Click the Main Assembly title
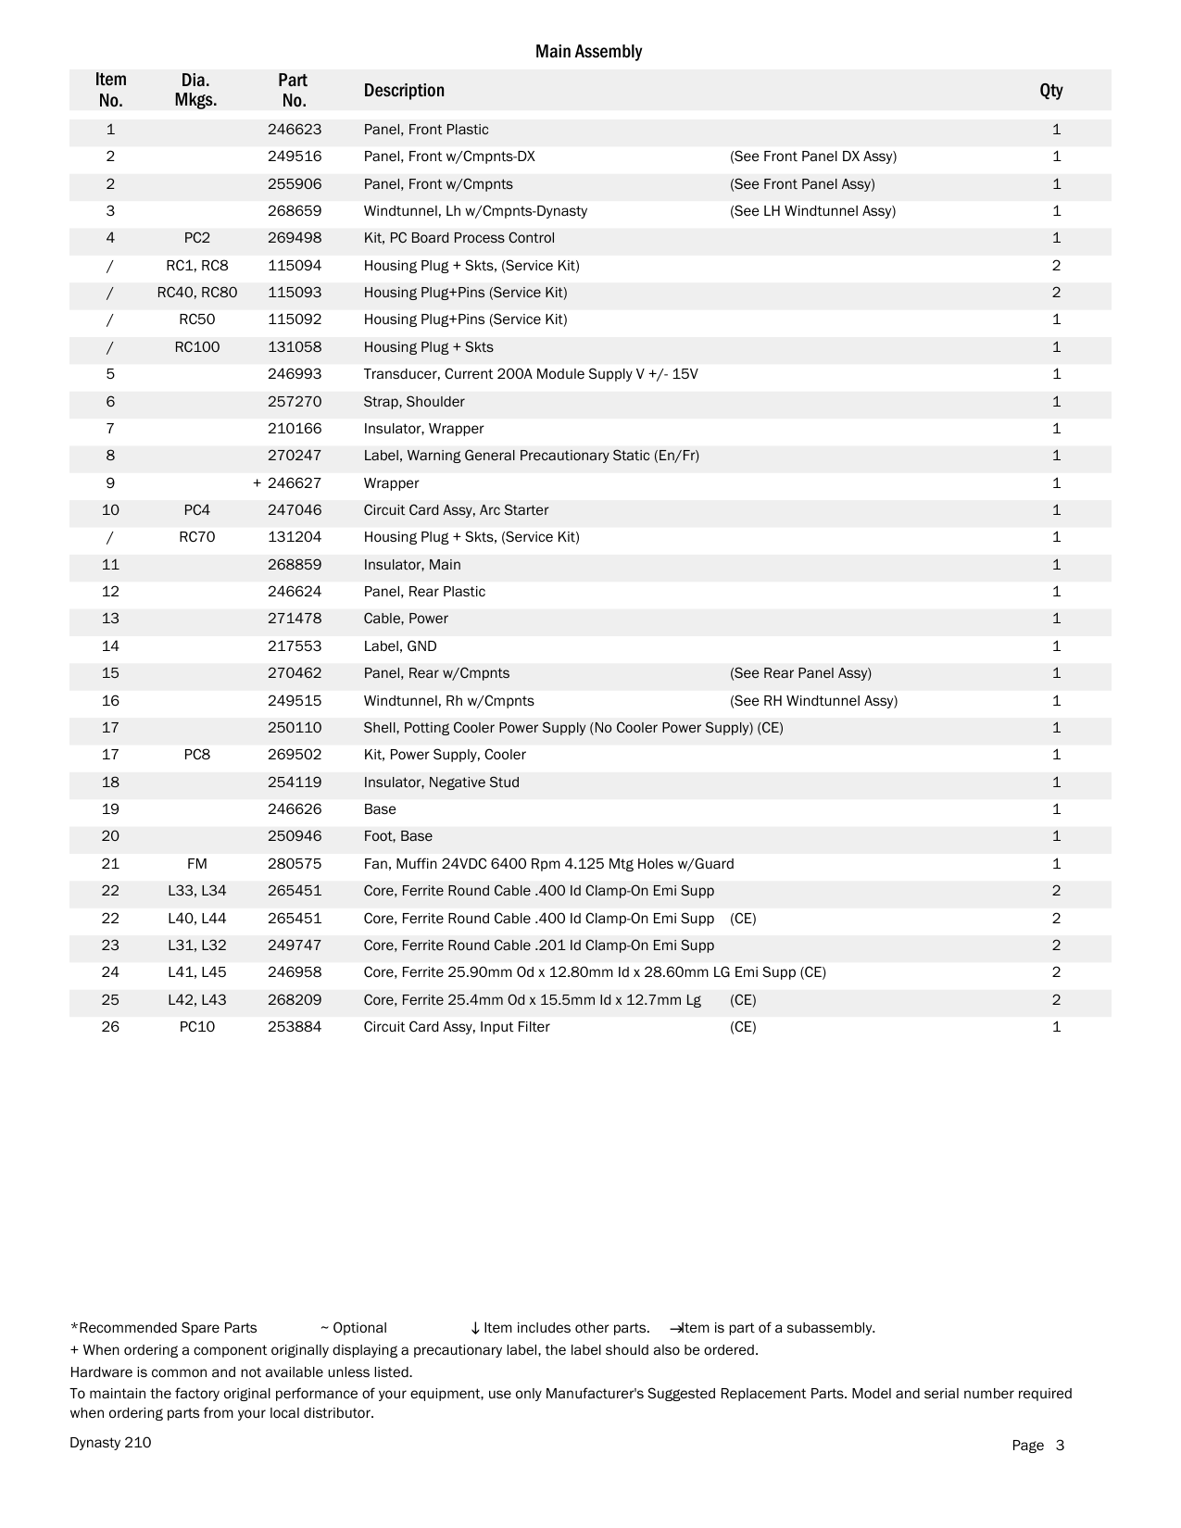tap(588, 52)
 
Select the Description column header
tap(404, 91)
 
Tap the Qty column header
tap(1050, 91)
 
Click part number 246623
tap(295, 130)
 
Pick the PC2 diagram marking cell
tap(196, 238)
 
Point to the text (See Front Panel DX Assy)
tap(812, 157)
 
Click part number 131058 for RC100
tap(295, 347)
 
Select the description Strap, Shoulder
tap(414, 402)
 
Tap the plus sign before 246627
tap(257, 483)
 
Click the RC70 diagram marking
tap(196, 537)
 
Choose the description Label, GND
tap(400, 646)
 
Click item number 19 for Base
tap(110, 809)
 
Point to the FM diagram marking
tap(196, 864)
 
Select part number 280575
tap(295, 864)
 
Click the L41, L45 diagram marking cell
tap(196, 972)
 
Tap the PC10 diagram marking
tap(196, 1027)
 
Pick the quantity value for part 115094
tap(1056, 266)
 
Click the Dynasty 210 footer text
tap(110, 1443)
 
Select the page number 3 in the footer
tap(1060, 1446)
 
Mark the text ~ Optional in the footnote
tap(354, 1328)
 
